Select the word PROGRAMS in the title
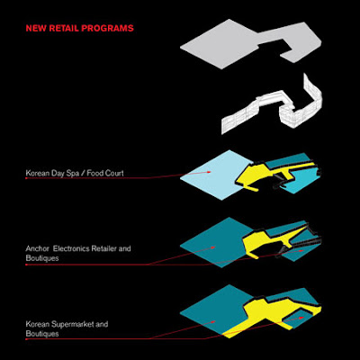107,29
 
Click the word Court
114,173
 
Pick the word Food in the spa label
94,173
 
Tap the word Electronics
71,248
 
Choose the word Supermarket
72,325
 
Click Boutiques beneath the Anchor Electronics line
42,258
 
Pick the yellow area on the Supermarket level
264,315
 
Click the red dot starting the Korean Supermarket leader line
26,339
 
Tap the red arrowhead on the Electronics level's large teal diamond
212,247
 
